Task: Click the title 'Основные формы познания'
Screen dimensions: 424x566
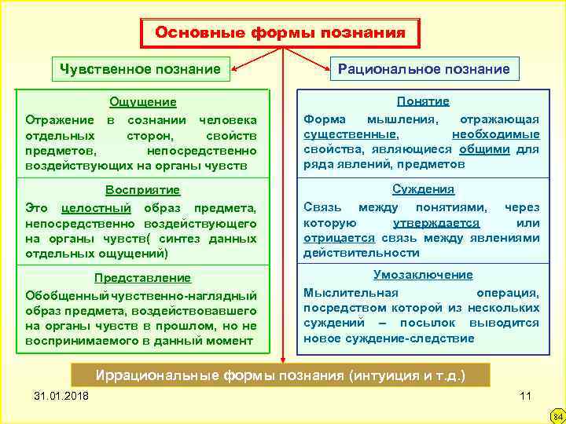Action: [281, 33]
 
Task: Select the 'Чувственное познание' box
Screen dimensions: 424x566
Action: [141, 70]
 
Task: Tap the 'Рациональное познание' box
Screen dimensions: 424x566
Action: [424, 69]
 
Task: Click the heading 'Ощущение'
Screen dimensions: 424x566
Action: [142, 102]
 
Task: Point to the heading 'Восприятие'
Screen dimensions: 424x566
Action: [142, 190]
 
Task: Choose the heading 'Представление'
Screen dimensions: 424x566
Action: [142, 278]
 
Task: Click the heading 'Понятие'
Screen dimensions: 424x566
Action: [423, 101]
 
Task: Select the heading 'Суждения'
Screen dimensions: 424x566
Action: [423, 189]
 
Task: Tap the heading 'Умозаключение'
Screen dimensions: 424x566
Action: [423, 275]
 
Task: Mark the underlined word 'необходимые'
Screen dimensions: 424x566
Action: [495, 134]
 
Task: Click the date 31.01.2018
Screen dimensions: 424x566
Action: [62, 394]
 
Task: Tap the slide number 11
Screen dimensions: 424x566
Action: [526, 394]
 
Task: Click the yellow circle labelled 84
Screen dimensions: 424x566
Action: [555, 414]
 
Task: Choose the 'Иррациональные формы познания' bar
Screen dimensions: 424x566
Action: [280, 375]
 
